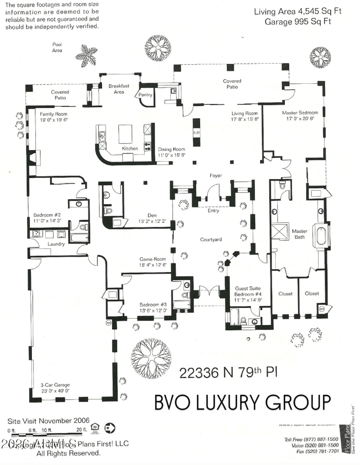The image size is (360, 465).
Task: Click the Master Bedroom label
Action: [x=300, y=113]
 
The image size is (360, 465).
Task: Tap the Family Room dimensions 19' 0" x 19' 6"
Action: [x=54, y=120]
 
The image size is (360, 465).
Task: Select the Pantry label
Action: [x=145, y=95]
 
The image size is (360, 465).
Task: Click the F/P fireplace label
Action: [x=196, y=134]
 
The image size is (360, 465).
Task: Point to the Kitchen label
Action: [x=130, y=149]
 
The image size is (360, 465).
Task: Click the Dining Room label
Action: [x=171, y=149]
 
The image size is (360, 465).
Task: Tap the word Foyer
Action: [x=216, y=176]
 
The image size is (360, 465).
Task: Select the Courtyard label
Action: [x=212, y=239]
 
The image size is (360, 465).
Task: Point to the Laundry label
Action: [x=56, y=244]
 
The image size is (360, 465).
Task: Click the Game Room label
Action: [x=153, y=259]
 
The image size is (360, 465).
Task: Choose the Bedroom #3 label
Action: [x=153, y=304]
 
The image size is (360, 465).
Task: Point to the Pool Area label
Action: [x=57, y=47]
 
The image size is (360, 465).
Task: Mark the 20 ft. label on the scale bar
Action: [x=81, y=430]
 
